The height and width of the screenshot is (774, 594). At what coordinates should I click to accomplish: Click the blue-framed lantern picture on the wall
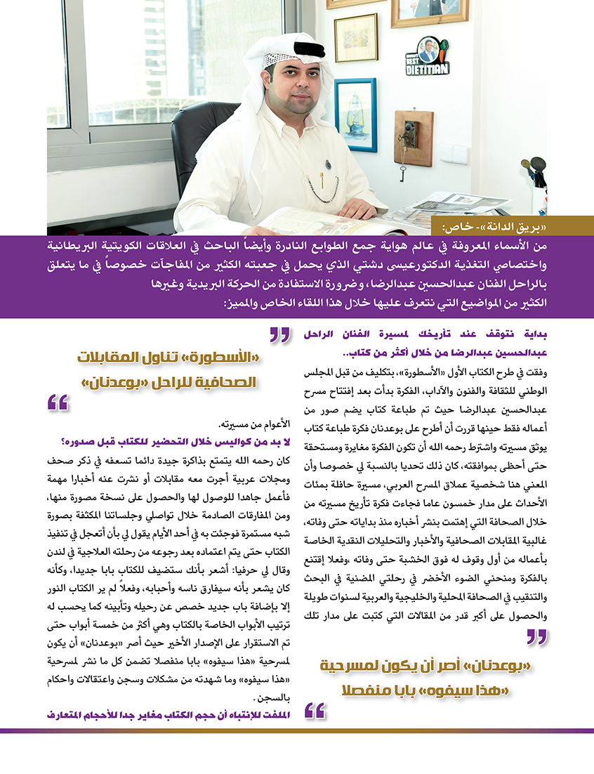click(355, 114)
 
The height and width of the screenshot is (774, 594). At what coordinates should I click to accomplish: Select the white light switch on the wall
click(459, 154)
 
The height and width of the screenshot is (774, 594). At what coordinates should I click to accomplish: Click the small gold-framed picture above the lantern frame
click(355, 37)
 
